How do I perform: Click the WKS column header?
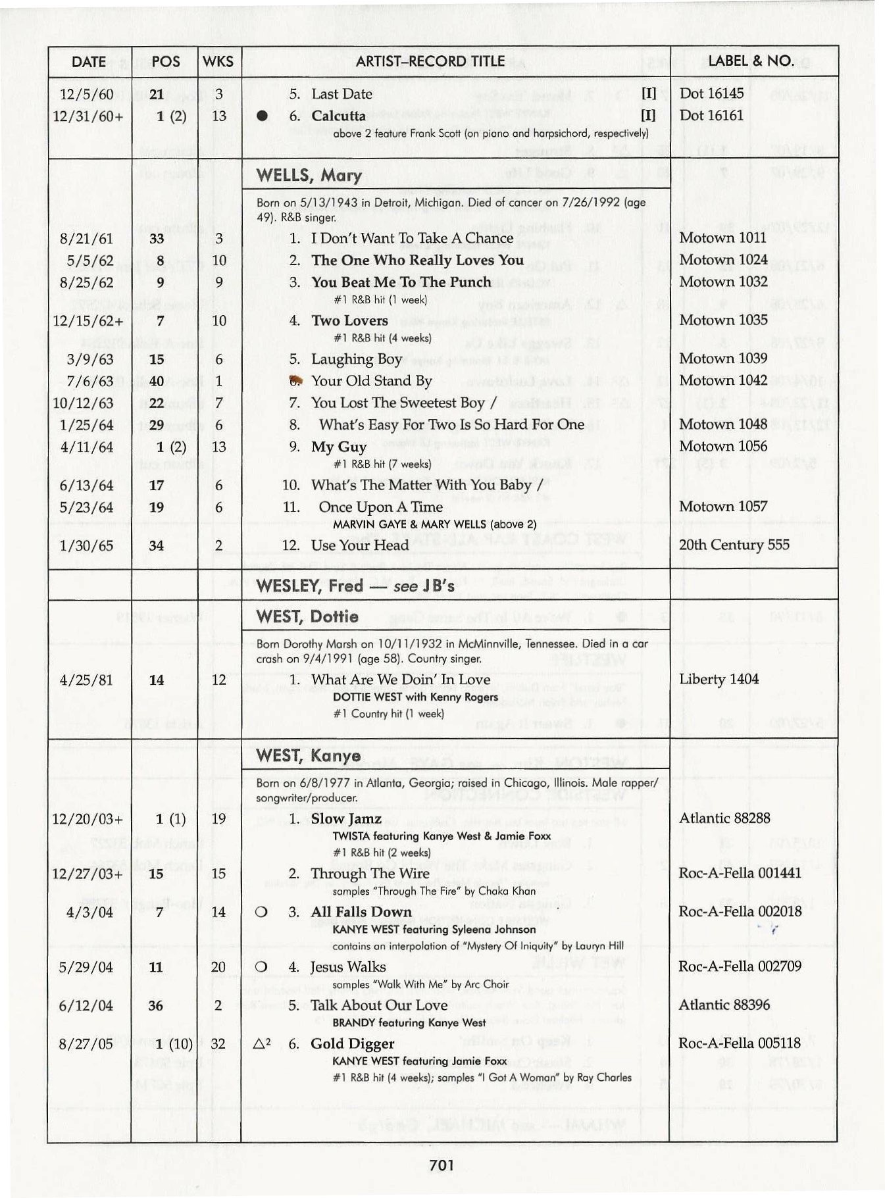coord(218,62)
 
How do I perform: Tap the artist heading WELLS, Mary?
coord(309,176)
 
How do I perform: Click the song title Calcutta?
coord(338,116)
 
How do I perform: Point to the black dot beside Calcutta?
coord(262,116)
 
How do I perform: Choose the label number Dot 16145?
coord(711,93)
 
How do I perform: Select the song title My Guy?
coord(339,447)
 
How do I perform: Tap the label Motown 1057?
coord(723,507)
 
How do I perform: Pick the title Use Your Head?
coord(360,545)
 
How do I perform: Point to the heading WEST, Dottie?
coord(307,616)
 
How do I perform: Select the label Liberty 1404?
coord(719,679)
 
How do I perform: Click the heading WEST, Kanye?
coord(308,755)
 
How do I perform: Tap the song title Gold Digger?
coord(353,1043)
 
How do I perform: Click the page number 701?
coord(442,1166)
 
